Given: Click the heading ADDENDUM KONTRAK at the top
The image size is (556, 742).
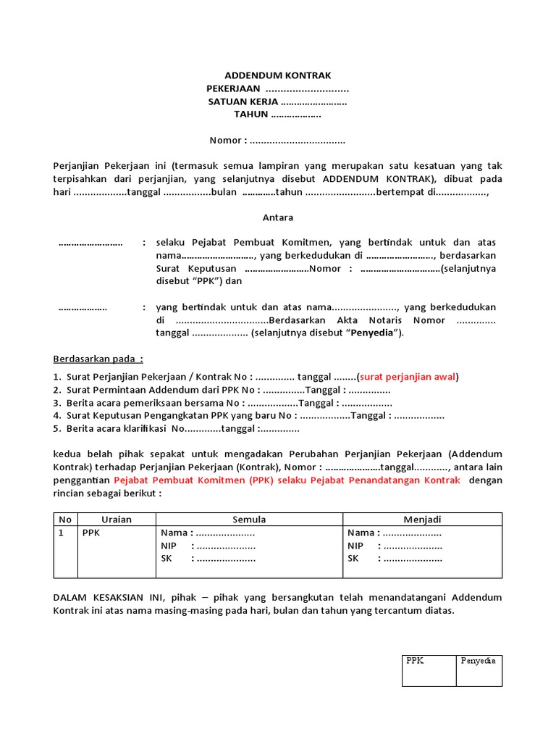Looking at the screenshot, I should pos(278,75).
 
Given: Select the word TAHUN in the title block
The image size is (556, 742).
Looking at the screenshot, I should pos(250,114).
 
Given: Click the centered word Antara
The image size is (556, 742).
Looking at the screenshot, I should pos(277,217).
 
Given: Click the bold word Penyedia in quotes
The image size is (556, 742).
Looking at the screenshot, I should pos(378,333).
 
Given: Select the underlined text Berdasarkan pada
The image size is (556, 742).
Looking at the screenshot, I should pos(98,359).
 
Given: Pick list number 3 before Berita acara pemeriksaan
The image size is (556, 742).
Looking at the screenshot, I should pos(56,403).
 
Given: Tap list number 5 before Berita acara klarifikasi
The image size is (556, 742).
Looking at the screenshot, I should pos(56,429).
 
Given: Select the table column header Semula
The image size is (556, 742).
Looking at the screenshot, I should pos(249,520).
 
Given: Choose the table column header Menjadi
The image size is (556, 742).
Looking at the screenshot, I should pos(422,520).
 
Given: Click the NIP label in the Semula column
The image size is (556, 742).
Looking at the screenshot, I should pos(169,546).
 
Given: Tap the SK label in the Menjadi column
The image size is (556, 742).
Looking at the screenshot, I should pos(353,559).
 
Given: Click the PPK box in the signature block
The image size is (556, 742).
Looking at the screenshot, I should pos(429,670).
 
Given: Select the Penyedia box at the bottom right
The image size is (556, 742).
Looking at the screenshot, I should pos(479,670).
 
